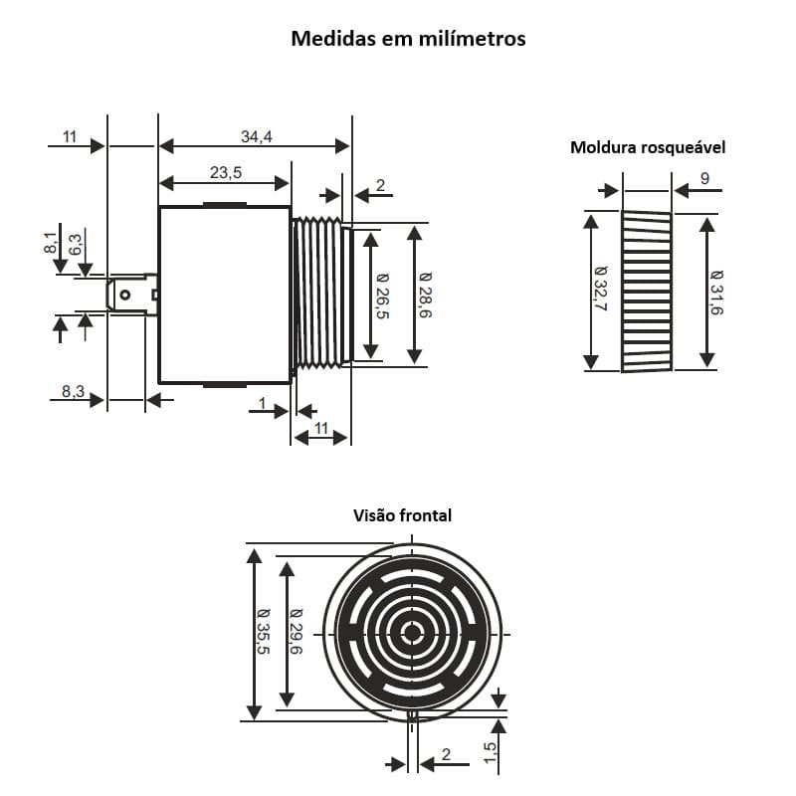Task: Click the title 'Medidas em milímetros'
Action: tap(408, 39)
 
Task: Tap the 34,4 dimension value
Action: tap(257, 136)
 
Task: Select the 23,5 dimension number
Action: tap(226, 172)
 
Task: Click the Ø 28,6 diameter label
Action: tap(426, 296)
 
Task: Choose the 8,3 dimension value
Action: tap(73, 391)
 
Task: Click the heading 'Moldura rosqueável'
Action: tap(648, 147)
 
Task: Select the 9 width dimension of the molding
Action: tap(704, 179)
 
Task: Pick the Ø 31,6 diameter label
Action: tap(717, 293)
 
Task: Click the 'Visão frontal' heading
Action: tap(402, 515)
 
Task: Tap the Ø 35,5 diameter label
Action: tap(264, 633)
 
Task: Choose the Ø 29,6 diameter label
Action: tap(297, 633)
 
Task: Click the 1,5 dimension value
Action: tap(490, 752)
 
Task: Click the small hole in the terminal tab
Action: tap(125, 294)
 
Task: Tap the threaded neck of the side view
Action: tap(317, 293)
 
